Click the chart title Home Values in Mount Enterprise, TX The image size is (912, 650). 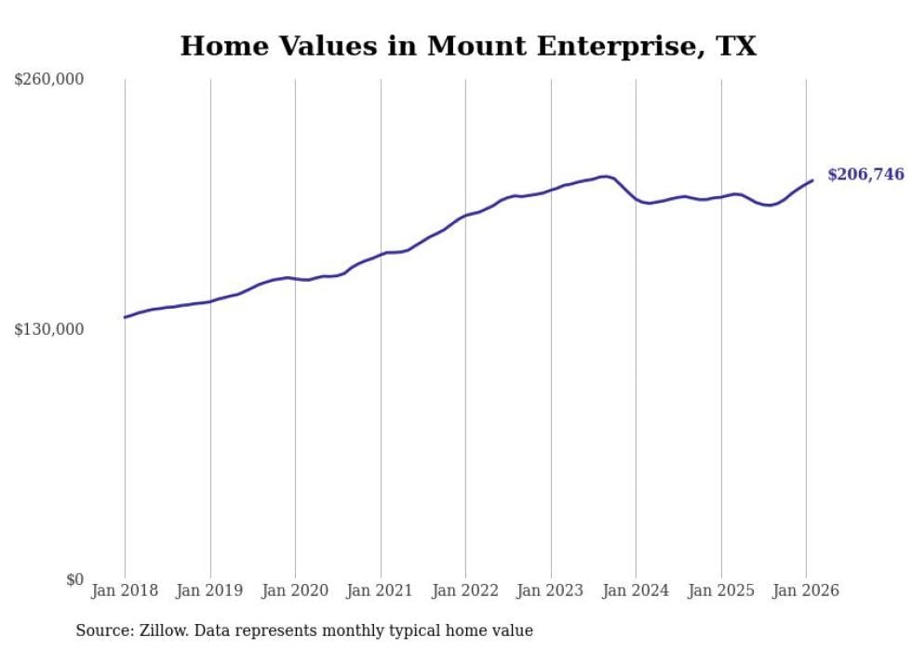point(468,46)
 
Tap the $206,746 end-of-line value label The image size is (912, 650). point(865,175)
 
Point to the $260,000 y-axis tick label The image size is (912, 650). point(49,80)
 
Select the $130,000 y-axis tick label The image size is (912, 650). point(49,329)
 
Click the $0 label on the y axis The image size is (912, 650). point(74,579)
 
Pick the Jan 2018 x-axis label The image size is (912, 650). point(125,590)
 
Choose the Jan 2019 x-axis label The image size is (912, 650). point(210,590)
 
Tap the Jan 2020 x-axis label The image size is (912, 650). point(295,590)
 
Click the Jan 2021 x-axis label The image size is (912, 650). point(381,590)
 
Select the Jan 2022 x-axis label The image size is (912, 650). point(465,590)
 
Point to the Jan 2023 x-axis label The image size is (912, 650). point(551,590)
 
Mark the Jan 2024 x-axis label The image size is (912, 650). point(636,590)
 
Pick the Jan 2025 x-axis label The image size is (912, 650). point(721,590)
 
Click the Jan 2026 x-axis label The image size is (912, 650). point(806,590)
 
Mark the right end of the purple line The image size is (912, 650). point(812,180)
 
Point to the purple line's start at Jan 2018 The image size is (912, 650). point(125,317)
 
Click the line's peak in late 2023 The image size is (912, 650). point(605,176)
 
